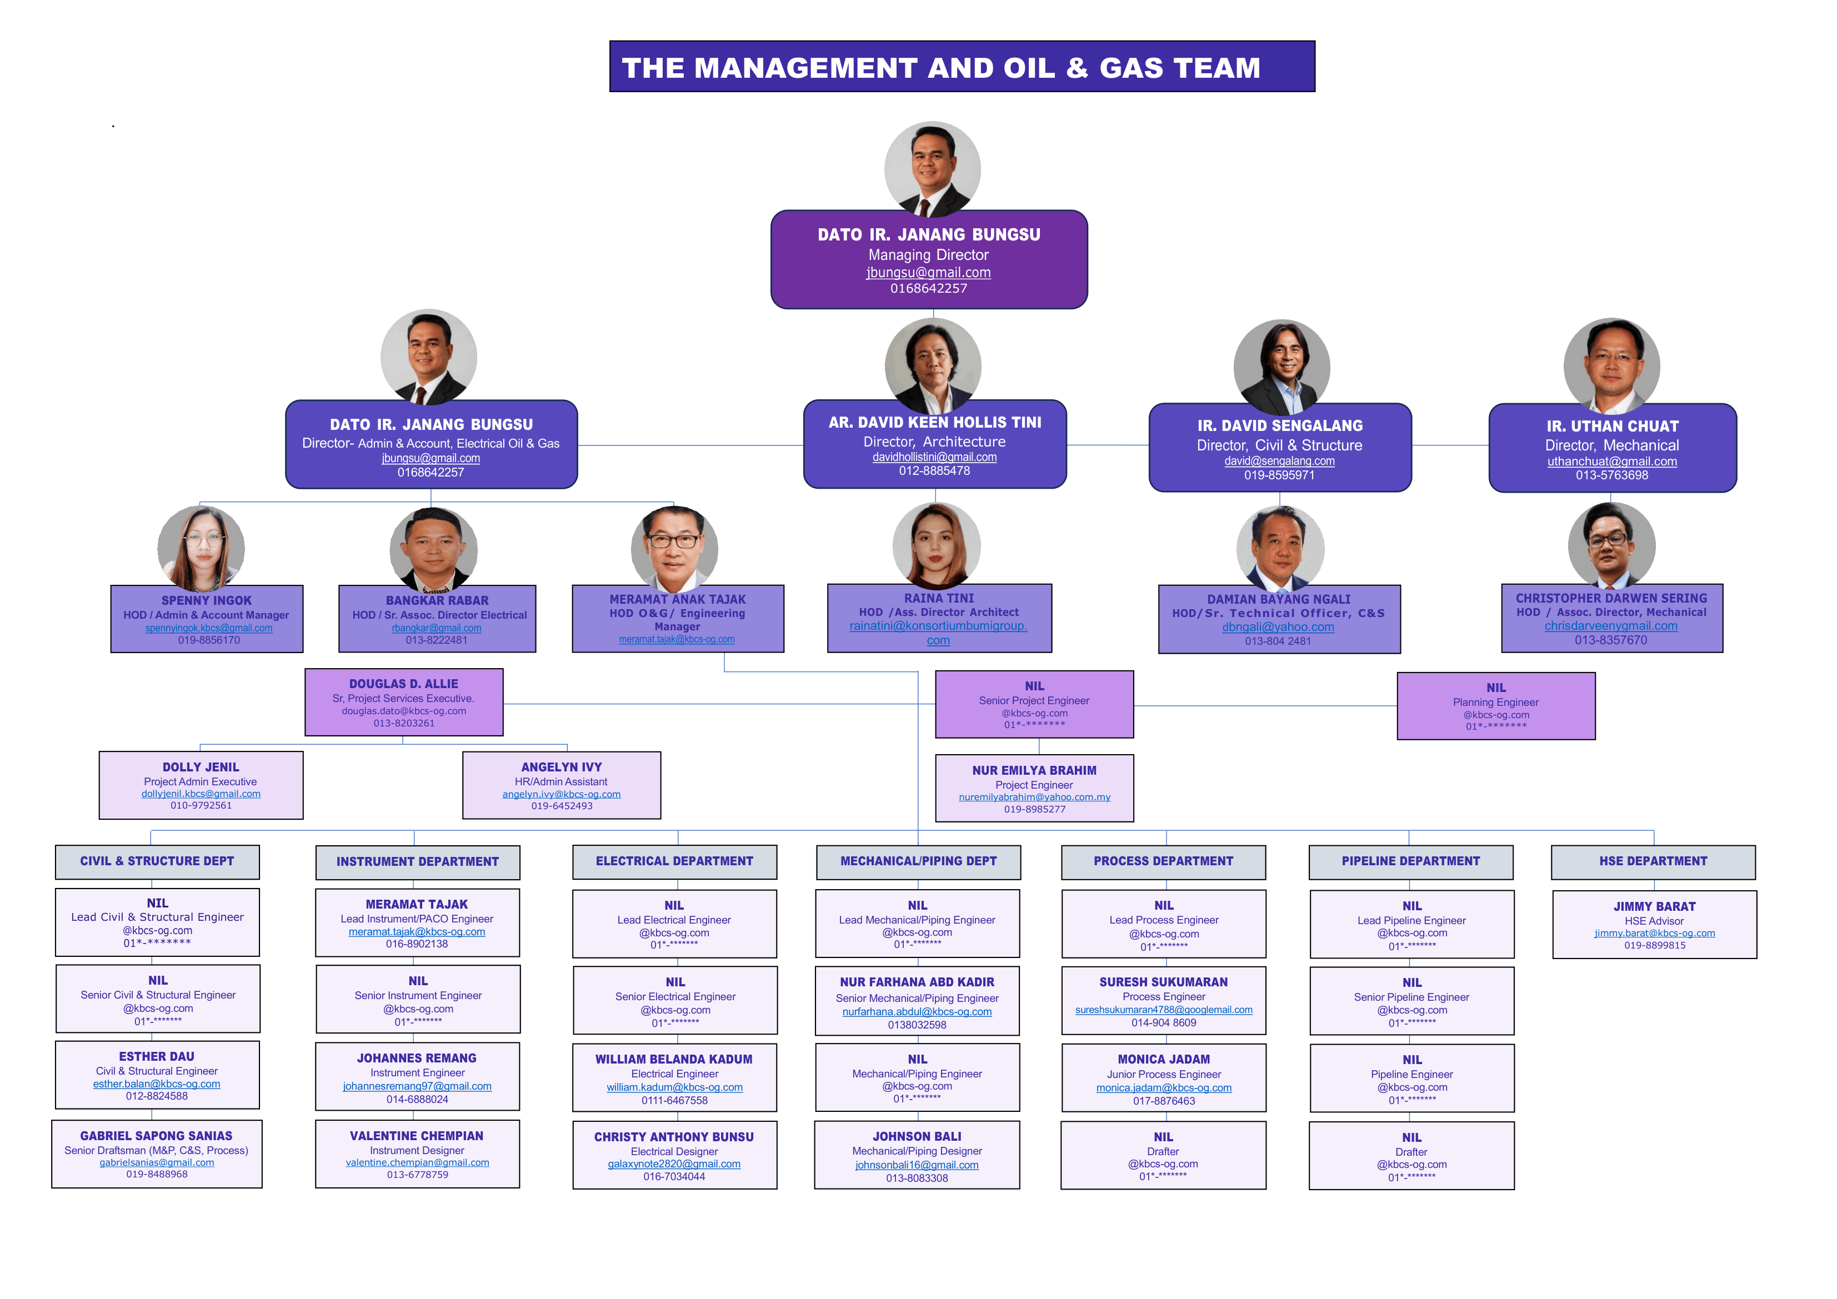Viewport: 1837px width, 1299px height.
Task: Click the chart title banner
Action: pos(962,67)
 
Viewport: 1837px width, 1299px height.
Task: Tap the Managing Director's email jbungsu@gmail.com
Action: pos(928,273)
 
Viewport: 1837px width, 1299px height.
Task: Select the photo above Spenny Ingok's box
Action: pos(201,548)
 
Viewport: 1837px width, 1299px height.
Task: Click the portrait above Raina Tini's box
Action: pos(936,545)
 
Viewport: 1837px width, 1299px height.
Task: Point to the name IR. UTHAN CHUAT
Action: pos(1612,427)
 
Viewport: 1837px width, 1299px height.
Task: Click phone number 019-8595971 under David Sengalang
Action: pos(1279,475)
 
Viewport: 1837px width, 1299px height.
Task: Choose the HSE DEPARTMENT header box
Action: pos(1653,861)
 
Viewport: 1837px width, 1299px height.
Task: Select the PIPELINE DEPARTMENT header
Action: pos(1410,861)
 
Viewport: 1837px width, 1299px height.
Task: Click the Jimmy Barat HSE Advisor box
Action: pos(1654,925)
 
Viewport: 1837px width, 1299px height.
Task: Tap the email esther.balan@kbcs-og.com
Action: pos(157,1084)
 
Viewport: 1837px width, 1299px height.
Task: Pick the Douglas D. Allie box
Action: pos(403,703)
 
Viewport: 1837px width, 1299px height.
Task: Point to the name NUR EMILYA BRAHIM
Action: pos(1034,770)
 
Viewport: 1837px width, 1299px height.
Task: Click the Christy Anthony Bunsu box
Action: pos(674,1155)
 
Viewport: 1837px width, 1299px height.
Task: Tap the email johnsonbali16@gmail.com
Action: pos(917,1165)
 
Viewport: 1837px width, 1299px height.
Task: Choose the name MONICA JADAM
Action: pos(1163,1059)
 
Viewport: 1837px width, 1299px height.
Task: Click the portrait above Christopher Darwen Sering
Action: pos(1611,545)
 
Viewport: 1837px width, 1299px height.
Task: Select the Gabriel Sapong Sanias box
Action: pos(157,1153)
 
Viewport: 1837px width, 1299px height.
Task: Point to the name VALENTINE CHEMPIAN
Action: pos(417,1136)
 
